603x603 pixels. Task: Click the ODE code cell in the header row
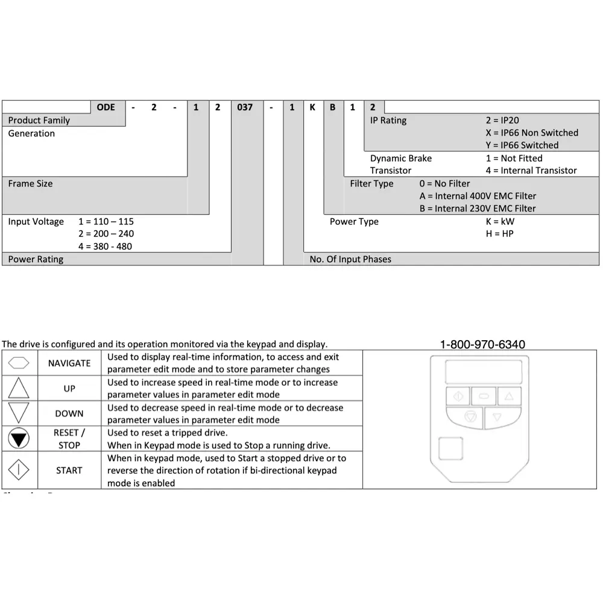click(106, 107)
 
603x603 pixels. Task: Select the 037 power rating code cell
click(245, 107)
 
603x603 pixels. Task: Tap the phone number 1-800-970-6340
click(482, 344)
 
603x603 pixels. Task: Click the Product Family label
click(39, 120)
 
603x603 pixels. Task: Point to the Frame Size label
click(30, 183)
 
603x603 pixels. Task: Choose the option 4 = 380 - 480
click(106, 246)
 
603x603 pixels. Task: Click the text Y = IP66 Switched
click(522, 145)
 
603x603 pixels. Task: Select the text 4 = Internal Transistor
click(531, 171)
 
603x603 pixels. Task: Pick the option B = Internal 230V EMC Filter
click(478, 209)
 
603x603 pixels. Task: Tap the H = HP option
click(499, 233)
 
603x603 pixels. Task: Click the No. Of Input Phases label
click(350, 259)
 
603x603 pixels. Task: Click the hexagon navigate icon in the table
click(19, 363)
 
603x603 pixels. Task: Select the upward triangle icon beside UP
click(19, 388)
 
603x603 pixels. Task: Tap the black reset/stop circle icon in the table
click(19, 439)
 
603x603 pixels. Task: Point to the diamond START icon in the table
click(19, 470)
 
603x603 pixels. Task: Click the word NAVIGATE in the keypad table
click(69, 363)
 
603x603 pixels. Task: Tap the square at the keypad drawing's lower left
click(450, 449)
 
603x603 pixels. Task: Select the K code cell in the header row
click(312, 107)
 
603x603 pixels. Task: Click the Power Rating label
click(36, 259)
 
